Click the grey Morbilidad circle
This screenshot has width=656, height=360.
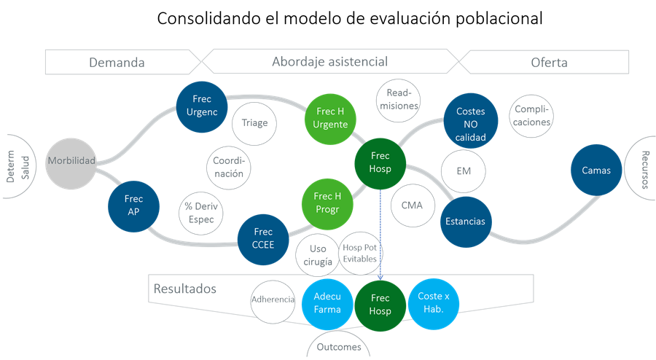click(x=71, y=163)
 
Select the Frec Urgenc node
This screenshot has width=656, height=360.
click(x=202, y=107)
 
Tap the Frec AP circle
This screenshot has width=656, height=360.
click(x=133, y=206)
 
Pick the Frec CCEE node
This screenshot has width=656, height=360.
click(x=263, y=239)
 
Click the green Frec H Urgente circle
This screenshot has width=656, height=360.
click(x=330, y=120)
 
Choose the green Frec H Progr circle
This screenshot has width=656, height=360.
click(x=327, y=204)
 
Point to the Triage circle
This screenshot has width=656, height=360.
click(x=254, y=124)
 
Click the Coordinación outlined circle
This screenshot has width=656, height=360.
click(x=228, y=168)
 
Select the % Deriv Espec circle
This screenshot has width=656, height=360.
click(x=201, y=214)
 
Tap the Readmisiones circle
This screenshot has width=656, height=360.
click(x=398, y=101)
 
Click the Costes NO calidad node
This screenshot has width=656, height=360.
click(x=471, y=121)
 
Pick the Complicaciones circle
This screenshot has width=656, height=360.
click(x=531, y=116)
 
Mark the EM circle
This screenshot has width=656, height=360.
click(x=463, y=171)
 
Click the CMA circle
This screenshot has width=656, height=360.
click(x=413, y=206)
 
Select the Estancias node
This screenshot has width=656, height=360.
click(x=466, y=222)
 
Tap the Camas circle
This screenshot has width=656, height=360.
click(x=596, y=170)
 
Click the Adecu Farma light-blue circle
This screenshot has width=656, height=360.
click(x=327, y=304)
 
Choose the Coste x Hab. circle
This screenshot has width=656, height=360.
click(x=434, y=304)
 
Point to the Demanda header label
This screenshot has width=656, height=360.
click(x=117, y=63)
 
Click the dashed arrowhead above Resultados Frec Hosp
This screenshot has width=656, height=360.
click(x=380, y=277)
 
